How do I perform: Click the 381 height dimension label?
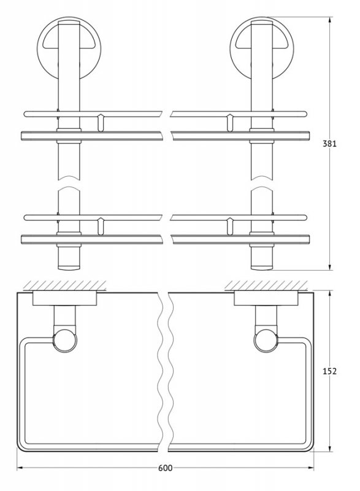(329, 144)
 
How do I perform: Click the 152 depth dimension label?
(329, 371)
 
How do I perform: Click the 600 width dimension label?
(165, 468)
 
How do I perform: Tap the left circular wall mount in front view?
(69, 49)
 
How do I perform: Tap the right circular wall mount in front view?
(262, 49)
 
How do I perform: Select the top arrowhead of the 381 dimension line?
(330, 20)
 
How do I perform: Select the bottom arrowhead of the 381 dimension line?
(330, 266)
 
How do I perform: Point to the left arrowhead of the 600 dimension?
(20, 468)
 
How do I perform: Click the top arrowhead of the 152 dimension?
(330, 295)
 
